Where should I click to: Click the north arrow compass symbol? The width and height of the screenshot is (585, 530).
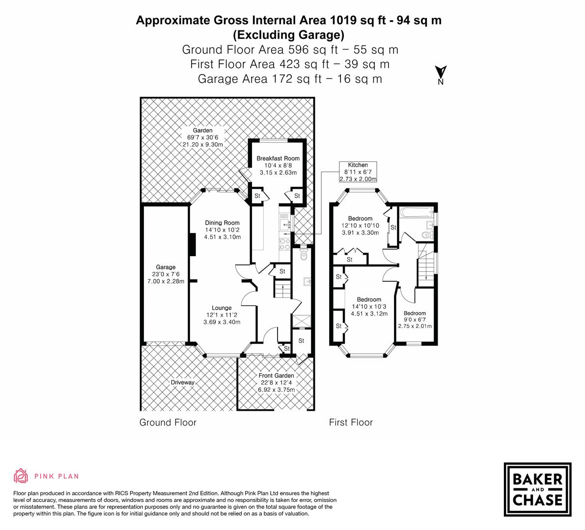[441, 75]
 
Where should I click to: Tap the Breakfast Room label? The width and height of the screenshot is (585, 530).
[278, 159]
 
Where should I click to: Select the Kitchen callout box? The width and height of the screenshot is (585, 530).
[358, 172]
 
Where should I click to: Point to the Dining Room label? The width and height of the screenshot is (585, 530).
[223, 223]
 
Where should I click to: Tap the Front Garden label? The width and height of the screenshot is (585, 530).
[276, 376]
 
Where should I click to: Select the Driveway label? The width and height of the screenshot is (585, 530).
[183, 383]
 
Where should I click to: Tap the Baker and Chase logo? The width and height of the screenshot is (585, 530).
[538, 489]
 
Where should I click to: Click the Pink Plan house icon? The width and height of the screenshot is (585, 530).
[21, 476]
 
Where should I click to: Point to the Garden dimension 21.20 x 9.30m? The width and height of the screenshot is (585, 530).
[203, 145]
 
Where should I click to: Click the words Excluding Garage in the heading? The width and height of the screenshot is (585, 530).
[288, 35]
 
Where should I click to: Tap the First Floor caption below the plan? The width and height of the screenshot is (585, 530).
[351, 422]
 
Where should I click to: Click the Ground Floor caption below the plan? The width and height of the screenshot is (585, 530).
[168, 422]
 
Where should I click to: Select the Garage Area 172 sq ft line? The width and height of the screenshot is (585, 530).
[290, 79]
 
